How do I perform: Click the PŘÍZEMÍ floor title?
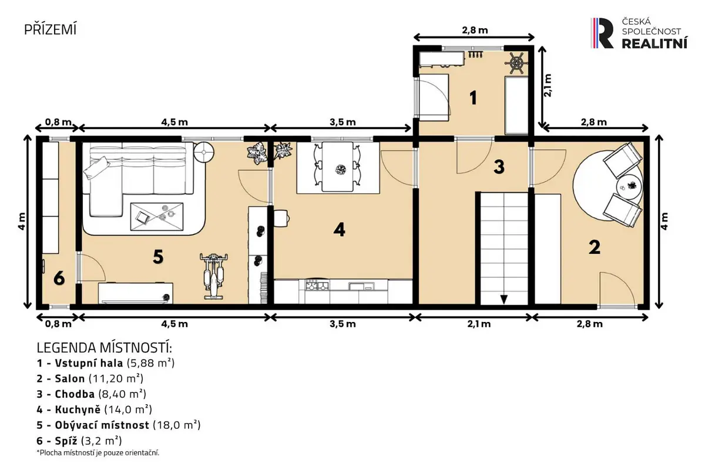51,29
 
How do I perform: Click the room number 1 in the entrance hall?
473,98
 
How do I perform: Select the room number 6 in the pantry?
59,278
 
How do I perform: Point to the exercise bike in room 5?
214,276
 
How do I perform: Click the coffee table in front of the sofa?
157,217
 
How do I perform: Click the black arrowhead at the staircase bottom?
504,300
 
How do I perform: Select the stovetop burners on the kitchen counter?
317,286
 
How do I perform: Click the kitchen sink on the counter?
361,286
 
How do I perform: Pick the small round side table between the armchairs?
629,186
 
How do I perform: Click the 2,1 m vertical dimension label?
548,85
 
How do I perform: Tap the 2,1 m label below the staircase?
479,324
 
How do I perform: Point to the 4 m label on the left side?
21,221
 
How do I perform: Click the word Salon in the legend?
69,378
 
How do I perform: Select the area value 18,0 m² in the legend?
177,425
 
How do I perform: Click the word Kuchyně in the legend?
78,409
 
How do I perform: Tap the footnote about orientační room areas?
98,453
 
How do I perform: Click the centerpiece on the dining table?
340,170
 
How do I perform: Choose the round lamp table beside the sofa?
204,152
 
